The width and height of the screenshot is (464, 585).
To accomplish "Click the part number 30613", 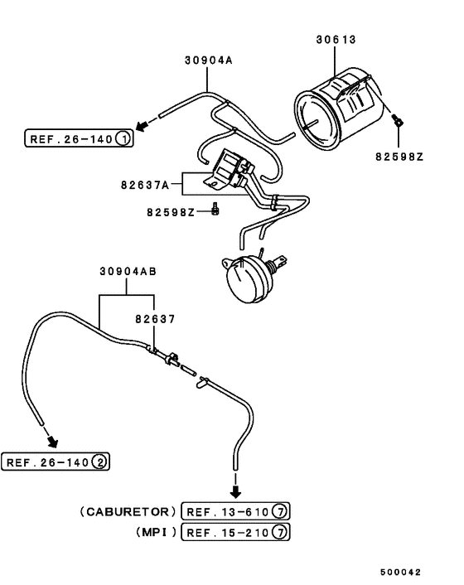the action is pyautogui.click(x=336, y=40).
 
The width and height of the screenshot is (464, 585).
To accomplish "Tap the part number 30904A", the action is pyautogui.click(x=209, y=60).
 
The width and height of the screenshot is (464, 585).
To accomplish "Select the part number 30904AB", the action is pyautogui.click(x=128, y=271).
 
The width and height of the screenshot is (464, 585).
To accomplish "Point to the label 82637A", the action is pyautogui.click(x=145, y=185).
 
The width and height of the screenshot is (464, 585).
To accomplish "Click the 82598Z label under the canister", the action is pyautogui.click(x=399, y=157).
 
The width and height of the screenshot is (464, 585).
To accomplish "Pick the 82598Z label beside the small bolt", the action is pyautogui.click(x=171, y=212).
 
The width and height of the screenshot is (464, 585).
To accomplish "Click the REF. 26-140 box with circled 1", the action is pyautogui.click(x=79, y=138).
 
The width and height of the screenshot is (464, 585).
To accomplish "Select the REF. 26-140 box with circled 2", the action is pyautogui.click(x=56, y=462).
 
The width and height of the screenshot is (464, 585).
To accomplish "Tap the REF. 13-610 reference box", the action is pyautogui.click(x=235, y=511).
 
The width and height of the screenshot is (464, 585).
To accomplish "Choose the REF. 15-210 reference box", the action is pyautogui.click(x=235, y=532).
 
